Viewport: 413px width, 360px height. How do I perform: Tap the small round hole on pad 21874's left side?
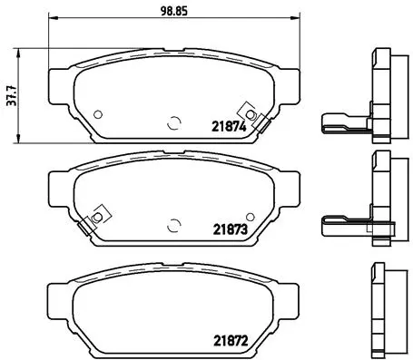[x=99, y=113]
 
